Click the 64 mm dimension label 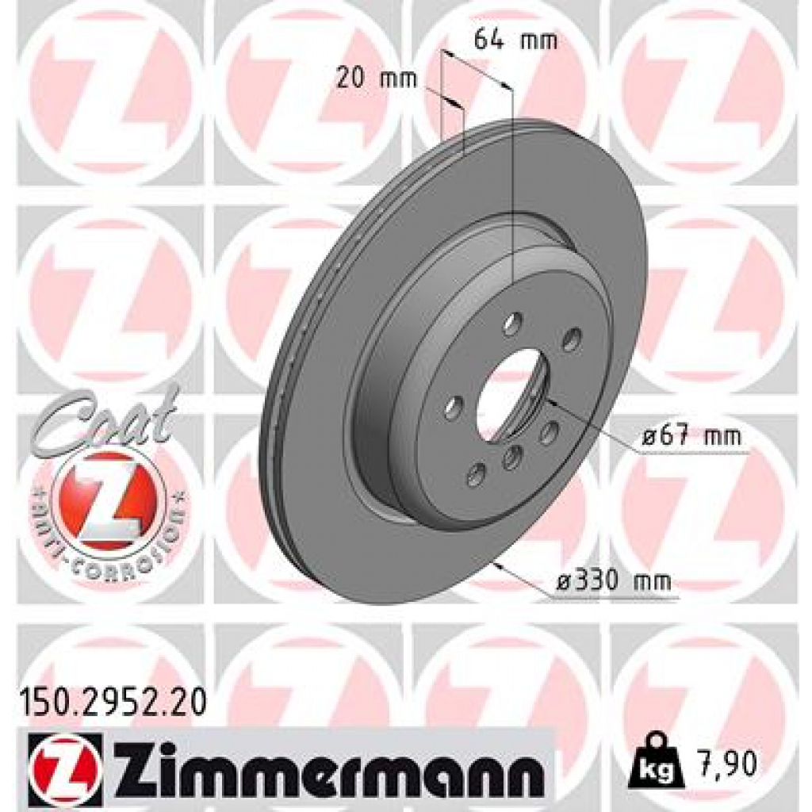[x=515, y=39]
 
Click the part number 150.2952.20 [x=112, y=701]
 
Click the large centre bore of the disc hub [x=511, y=394]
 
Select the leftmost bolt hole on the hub [x=453, y=409]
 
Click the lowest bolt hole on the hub [x=476, y=474]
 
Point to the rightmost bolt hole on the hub [x=570, y=341]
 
